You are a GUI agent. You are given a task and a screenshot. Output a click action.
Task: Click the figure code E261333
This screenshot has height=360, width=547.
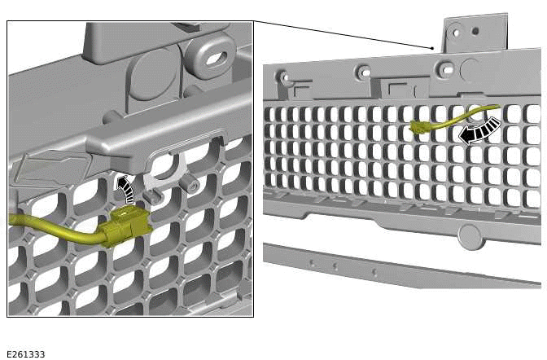(x=25, y=354)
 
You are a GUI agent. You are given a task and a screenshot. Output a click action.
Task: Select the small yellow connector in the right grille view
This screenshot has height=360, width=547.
(x=421, y=127)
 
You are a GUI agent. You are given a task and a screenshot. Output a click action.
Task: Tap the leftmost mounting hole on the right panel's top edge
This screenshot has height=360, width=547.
(x=284, y=78)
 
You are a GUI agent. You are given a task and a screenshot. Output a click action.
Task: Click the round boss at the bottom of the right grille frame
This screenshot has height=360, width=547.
(x=470, y=236)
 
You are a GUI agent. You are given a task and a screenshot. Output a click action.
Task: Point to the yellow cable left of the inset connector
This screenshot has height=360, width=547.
(x=57, y=229)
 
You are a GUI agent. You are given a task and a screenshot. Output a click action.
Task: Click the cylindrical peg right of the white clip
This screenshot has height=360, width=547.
(x=193, y=184)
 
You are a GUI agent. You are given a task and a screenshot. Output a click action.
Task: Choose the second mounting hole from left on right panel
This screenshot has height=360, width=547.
(x=364, y=72)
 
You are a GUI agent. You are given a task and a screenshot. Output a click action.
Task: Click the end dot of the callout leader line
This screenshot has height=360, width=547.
(x=432, y=49)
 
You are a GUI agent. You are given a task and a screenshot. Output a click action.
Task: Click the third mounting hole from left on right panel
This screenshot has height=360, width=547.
(x=445, y=69)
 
